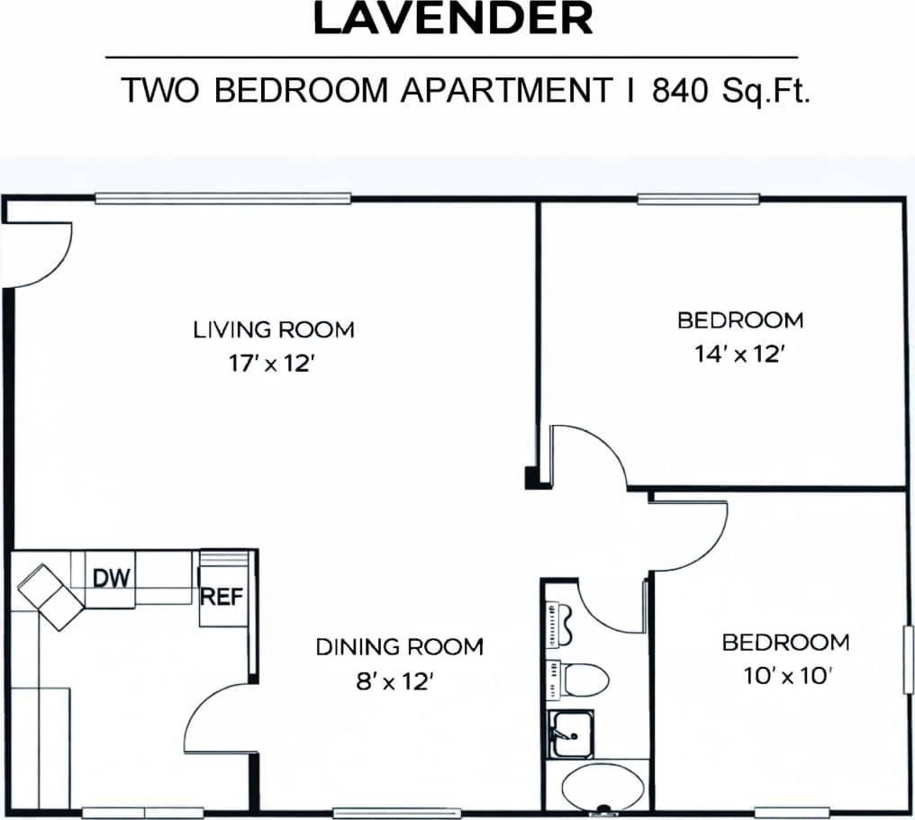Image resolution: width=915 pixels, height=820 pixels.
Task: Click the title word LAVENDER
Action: coord(453,20)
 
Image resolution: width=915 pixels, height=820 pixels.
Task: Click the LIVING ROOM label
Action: coord(274,329)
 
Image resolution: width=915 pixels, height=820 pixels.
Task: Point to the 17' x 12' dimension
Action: coord(273,365)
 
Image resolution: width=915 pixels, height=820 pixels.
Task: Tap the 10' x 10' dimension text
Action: coord(785,676)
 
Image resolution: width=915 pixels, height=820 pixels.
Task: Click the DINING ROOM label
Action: coord(399,646)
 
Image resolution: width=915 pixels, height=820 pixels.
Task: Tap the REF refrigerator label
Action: coord(222,596)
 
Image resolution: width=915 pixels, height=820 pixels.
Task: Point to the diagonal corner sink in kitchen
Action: coord(50,597)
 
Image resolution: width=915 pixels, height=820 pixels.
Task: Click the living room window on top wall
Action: coord(222,198)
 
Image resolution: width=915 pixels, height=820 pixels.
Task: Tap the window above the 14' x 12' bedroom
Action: coord(698,199)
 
